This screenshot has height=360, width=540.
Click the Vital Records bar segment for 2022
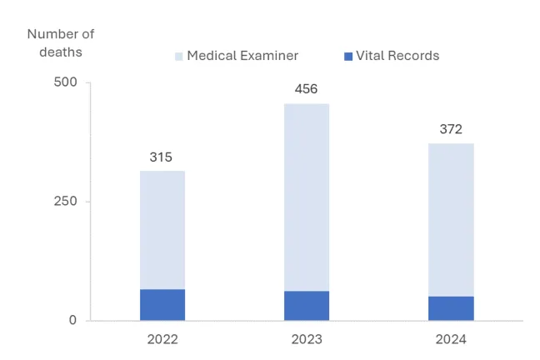[x=162, y=304]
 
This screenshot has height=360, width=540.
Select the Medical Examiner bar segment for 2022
[x=162, y=230]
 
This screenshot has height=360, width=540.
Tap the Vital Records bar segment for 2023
[x=307, y=305]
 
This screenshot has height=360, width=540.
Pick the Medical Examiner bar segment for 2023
[x=307, y=197]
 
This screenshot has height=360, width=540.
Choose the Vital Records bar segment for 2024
[x=451, y=307]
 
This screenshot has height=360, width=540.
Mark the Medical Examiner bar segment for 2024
[x=451, y=220]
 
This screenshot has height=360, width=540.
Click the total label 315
[x=162, y=157]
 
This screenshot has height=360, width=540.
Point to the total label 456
[x=307, y=90]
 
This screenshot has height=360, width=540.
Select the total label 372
[x=451, y=129]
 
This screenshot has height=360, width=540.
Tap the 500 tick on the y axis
[x=66, y=82]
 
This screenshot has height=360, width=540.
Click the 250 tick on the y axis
[x=66, y=202]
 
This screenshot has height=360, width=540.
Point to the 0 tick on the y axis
[x=72, y=320]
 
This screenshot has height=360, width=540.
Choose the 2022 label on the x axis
[x=162, y=340]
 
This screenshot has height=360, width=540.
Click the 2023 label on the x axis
[x=307, y=340]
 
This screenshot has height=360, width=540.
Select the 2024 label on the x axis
[x=451, y=340]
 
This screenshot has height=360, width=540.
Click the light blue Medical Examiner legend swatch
[x=178, y=57]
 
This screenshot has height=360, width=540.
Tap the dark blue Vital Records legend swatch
[x=347, y=57]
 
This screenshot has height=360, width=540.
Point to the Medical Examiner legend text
[x=242, y=56]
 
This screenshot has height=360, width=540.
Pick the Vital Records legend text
[x=397, y=56]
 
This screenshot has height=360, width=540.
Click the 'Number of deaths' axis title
[x=61, y=42]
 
